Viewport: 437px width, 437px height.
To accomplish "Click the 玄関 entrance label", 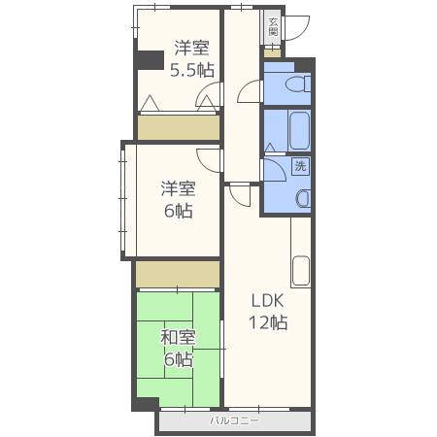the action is click(273, 27).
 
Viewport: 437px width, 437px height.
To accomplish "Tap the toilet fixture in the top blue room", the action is click(298, 84).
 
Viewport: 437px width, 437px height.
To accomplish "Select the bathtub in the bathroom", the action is click(299, 131).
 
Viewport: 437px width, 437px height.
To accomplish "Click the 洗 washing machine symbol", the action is click(301, 166).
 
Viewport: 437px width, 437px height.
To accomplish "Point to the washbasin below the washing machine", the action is click(303, 198).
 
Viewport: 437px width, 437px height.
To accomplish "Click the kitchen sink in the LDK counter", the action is click(301, 271).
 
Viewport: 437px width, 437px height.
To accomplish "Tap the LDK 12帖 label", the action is click(268, 312).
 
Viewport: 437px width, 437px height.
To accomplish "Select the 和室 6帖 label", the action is click(178, 349).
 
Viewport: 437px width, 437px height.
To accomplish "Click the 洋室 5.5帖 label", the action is click(192, 58).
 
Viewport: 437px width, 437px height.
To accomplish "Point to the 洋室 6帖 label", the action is click(178, 200).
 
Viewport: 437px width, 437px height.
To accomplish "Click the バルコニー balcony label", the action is click(234, 420).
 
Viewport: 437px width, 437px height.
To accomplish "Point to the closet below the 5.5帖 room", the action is click(179, 127).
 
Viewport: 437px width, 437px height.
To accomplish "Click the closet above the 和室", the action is click(178, 274).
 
